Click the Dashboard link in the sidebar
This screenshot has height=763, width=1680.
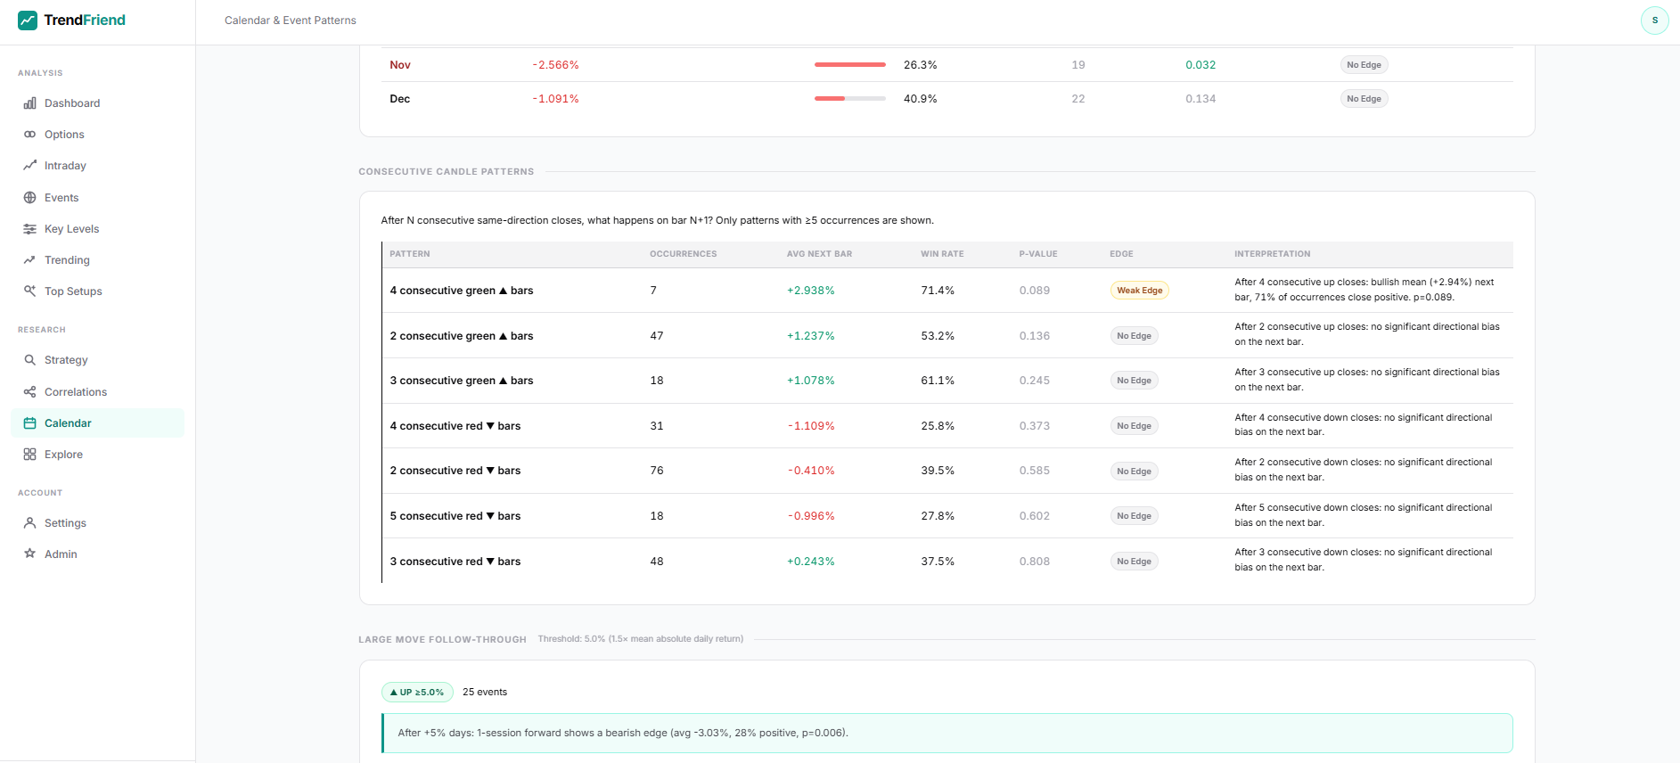pyautogui.click(x=71, y=103)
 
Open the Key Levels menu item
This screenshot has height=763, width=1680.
pyautogui.click(x=71, y=229)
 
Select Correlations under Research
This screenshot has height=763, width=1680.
pyautogui.click(x=75, y=392)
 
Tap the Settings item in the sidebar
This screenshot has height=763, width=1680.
pyautogui.click(x=65, y=523)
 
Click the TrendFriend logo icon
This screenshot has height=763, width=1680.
pyautogui.click(x=28, y=21)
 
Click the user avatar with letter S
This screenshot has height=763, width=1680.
pyautogui.click(x=1654, y=21)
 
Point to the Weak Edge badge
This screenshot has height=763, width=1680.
pyautogui.click(x=1139, y=291)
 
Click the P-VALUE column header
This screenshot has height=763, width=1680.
pyautogui.click(x=1037, y=254)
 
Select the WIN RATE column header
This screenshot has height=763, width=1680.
pyautogui.click(x=942, y=254)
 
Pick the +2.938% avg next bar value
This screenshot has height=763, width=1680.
pyautogui.click(x=810, y=291)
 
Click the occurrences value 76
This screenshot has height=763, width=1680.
pyautogui.click(x=657, y=471)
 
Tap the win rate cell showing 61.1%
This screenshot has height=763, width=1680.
pyautogui.click(x=938, y=381)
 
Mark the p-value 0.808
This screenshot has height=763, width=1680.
pyautogui.click(x=1034, y=562)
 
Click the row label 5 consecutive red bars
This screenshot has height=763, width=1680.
pyautogui.click(x=455, y=516)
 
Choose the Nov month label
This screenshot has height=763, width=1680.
pyautogui.click(x=400, y=65)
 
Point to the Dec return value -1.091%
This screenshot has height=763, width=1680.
pyautogui.click(x=555, y=99)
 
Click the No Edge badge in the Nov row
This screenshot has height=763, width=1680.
pyautogui.click(x=1364, y=65)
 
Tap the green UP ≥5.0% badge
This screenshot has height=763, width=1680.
pyautogui.click(x=417, y=693)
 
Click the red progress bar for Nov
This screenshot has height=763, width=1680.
pyautogui.click(x=849, y=65)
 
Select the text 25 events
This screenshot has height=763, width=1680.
pyautogui.click(x=485, y=693)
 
